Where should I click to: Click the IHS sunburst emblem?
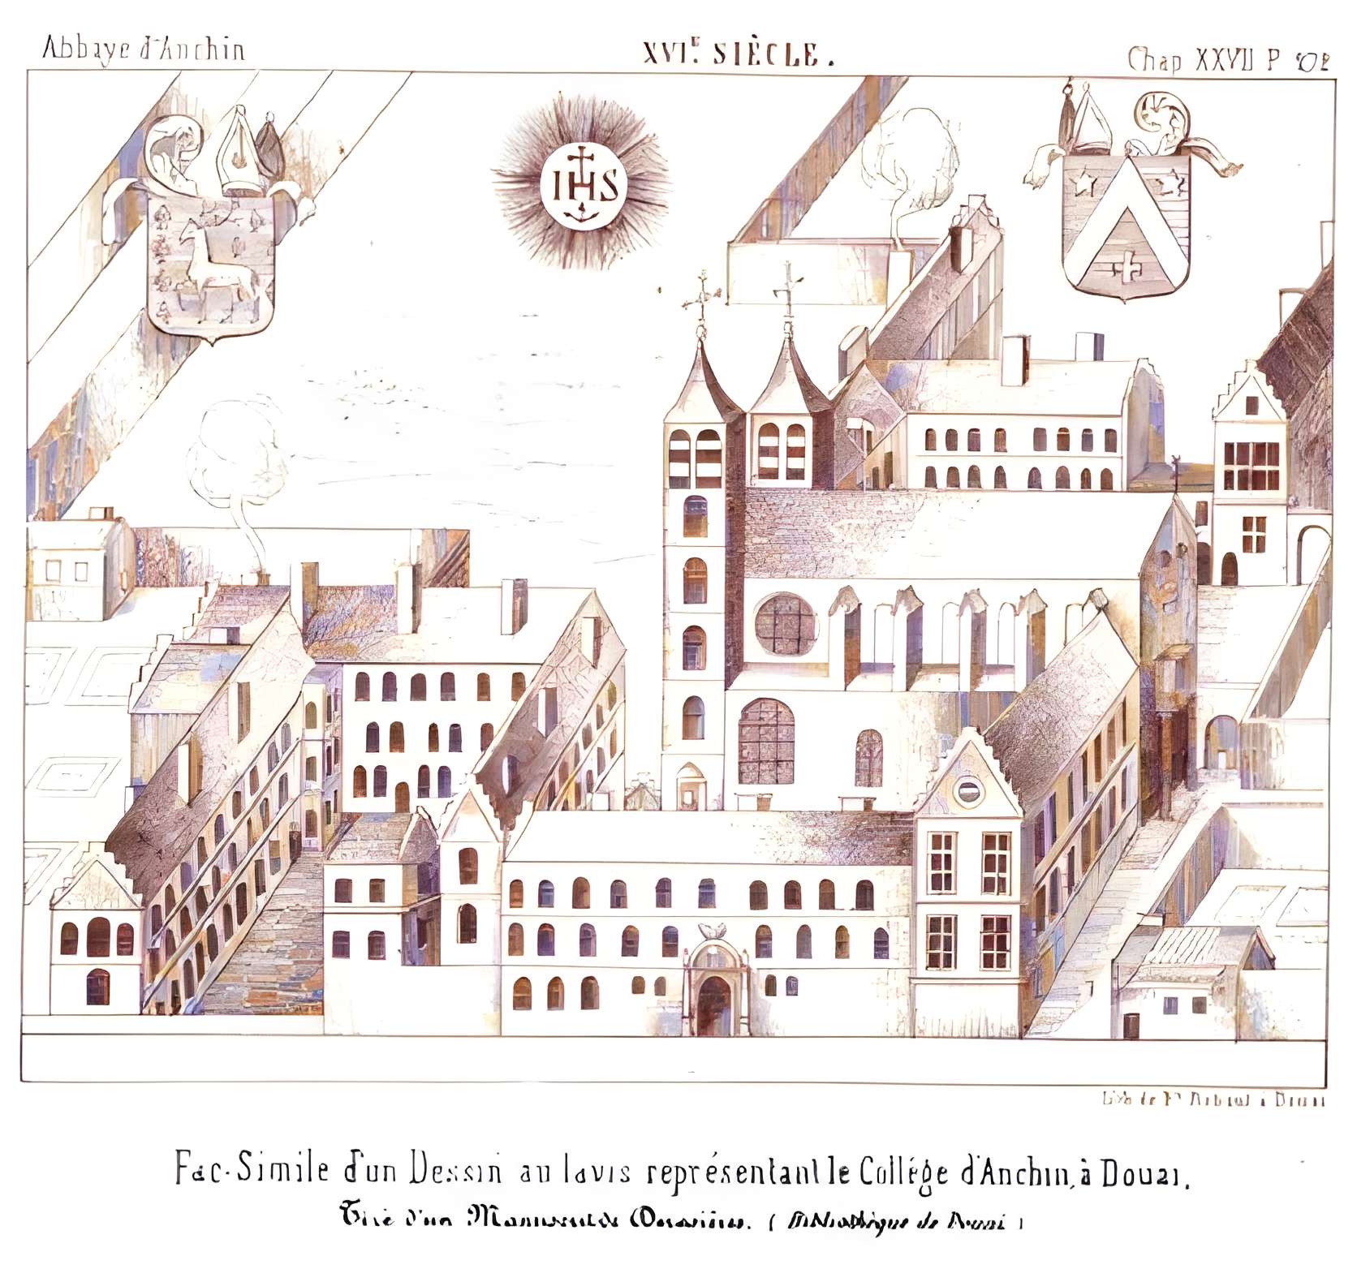click(581, 186)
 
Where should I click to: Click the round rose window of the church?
click(785, 623)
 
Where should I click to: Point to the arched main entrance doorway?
click(714, 1003)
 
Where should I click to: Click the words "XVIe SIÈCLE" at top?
click(738, 54)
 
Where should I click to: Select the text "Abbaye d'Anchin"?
click(142, 49)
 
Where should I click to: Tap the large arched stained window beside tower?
click(766, 741)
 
